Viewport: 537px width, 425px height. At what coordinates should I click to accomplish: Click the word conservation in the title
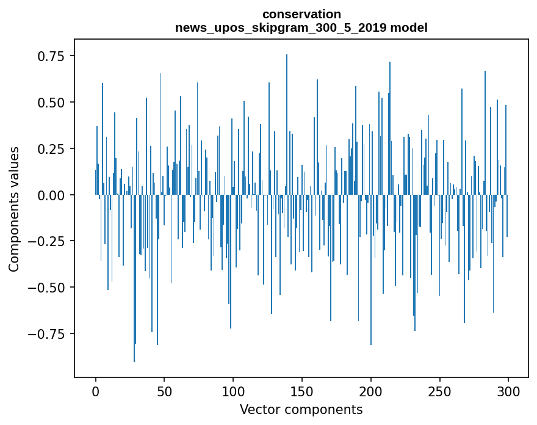[301, 14]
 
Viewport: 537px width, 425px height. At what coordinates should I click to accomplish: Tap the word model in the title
[411, 27]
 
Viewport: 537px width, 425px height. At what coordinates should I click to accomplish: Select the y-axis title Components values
[14, 209]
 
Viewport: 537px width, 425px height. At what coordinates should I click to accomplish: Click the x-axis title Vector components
[301, 410]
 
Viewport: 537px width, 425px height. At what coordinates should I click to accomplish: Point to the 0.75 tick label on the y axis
[51, 56]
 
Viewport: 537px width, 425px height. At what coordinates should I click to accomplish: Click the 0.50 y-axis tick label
[51, 102]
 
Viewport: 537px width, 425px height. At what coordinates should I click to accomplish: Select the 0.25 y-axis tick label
[51, 148]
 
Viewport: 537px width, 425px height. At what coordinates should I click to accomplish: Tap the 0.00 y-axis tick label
[51, 195]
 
